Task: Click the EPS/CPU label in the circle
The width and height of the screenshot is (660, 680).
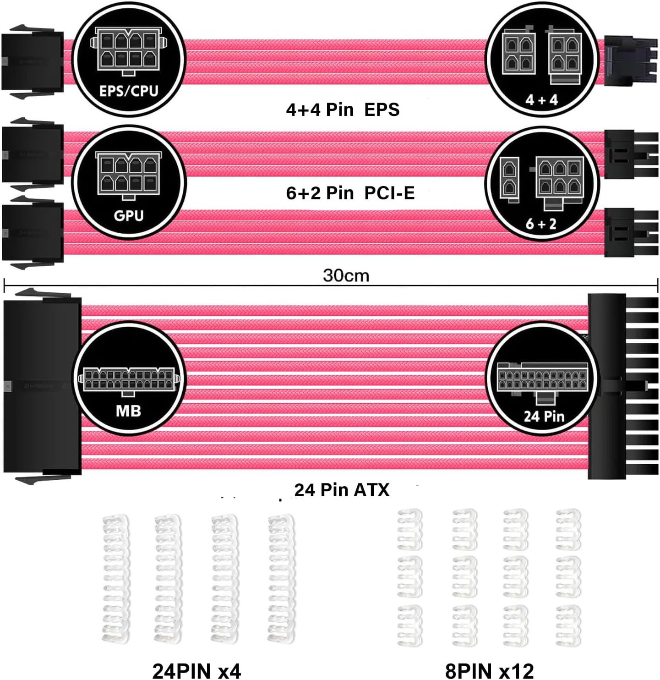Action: click(129, 91)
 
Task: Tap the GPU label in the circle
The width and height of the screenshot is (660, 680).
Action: click(129, 215)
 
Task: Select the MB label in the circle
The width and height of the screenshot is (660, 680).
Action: click(128, 411)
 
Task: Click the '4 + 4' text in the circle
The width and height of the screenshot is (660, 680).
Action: click(542, 99)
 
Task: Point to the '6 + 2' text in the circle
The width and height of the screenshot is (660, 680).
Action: click(541, 224)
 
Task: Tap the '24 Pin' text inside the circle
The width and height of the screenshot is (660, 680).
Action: click(544, 416)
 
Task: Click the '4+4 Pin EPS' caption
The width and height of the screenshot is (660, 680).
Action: click(343, 110)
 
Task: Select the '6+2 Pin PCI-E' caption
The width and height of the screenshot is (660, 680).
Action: click(350, 193)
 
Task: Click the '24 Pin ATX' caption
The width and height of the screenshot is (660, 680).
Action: click(342, 490)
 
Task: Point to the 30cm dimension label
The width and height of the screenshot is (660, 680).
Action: click(346, 275)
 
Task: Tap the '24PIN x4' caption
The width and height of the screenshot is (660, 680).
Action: click(196, 671)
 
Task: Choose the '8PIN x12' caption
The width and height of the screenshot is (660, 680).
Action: click(489, 671)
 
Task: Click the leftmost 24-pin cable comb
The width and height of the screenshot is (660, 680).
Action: click(115, 579)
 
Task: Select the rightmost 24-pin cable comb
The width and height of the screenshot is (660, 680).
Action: click(281, 579)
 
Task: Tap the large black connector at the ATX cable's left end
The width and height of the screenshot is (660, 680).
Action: click(42, 386)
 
